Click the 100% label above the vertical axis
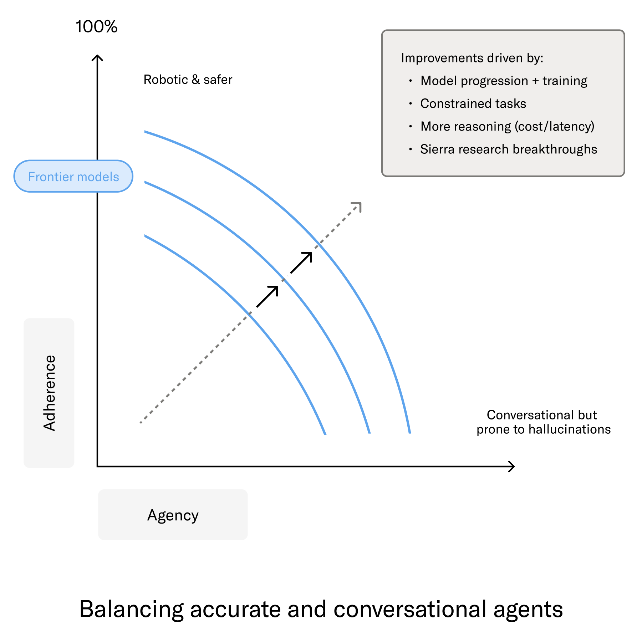click(x=96, y=27)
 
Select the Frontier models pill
click(x=73, y=176)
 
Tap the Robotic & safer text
click(x=188, y=80)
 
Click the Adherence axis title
click(x=49, y=393)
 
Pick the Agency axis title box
click(x=173, y=515)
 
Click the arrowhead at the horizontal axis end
click(x=512, y=466)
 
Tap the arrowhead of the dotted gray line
click(x=358, y=206)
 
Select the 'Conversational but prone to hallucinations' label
click(x=543, y=422)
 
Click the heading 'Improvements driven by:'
click(x=472, y=58)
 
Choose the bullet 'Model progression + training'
click(x=504, y=81)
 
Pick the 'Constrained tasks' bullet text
click(x=473, y=103)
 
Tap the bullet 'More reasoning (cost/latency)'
click(x=507, y=126)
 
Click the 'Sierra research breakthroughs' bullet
click(x=508, y=149)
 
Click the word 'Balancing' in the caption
click(x=131, y=609)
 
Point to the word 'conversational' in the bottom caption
click(x=410, y=609)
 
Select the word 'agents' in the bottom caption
click(x=528, y=609)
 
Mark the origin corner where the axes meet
click(x=97, y=466)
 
